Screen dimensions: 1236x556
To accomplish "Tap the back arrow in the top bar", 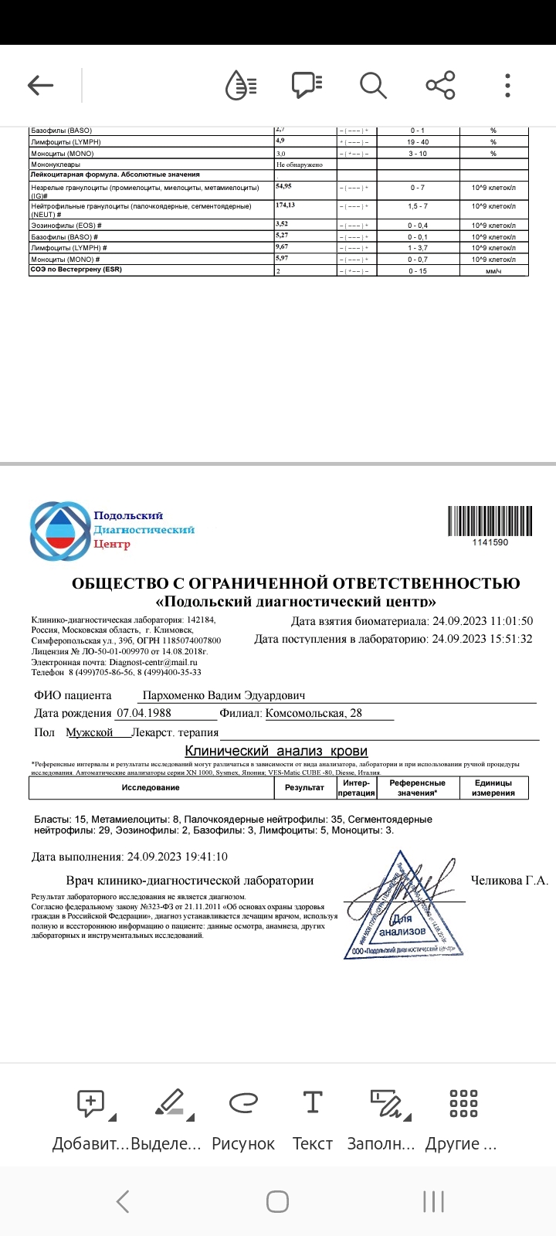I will pos(40,85).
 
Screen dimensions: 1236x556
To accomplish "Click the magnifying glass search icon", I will pos(373,85).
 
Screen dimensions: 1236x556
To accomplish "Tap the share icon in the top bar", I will pos(440,85).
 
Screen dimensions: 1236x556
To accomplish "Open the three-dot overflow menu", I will pos(507,85).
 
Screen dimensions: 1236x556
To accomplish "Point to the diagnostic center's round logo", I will pos(59,531).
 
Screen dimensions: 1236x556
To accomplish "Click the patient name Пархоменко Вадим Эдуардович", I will pos(224,696).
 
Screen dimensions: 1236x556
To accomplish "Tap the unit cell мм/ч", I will pos(493,271).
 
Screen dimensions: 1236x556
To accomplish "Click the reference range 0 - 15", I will pos(418,271).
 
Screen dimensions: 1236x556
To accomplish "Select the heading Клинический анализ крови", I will pos(276,751).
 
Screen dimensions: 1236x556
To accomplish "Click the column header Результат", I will pos(304,787).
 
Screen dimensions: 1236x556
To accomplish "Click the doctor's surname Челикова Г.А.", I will pos(509,881).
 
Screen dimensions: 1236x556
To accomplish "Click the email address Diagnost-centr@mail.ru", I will pos(154,662).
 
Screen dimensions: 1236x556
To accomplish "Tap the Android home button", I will pos(277,1201).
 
